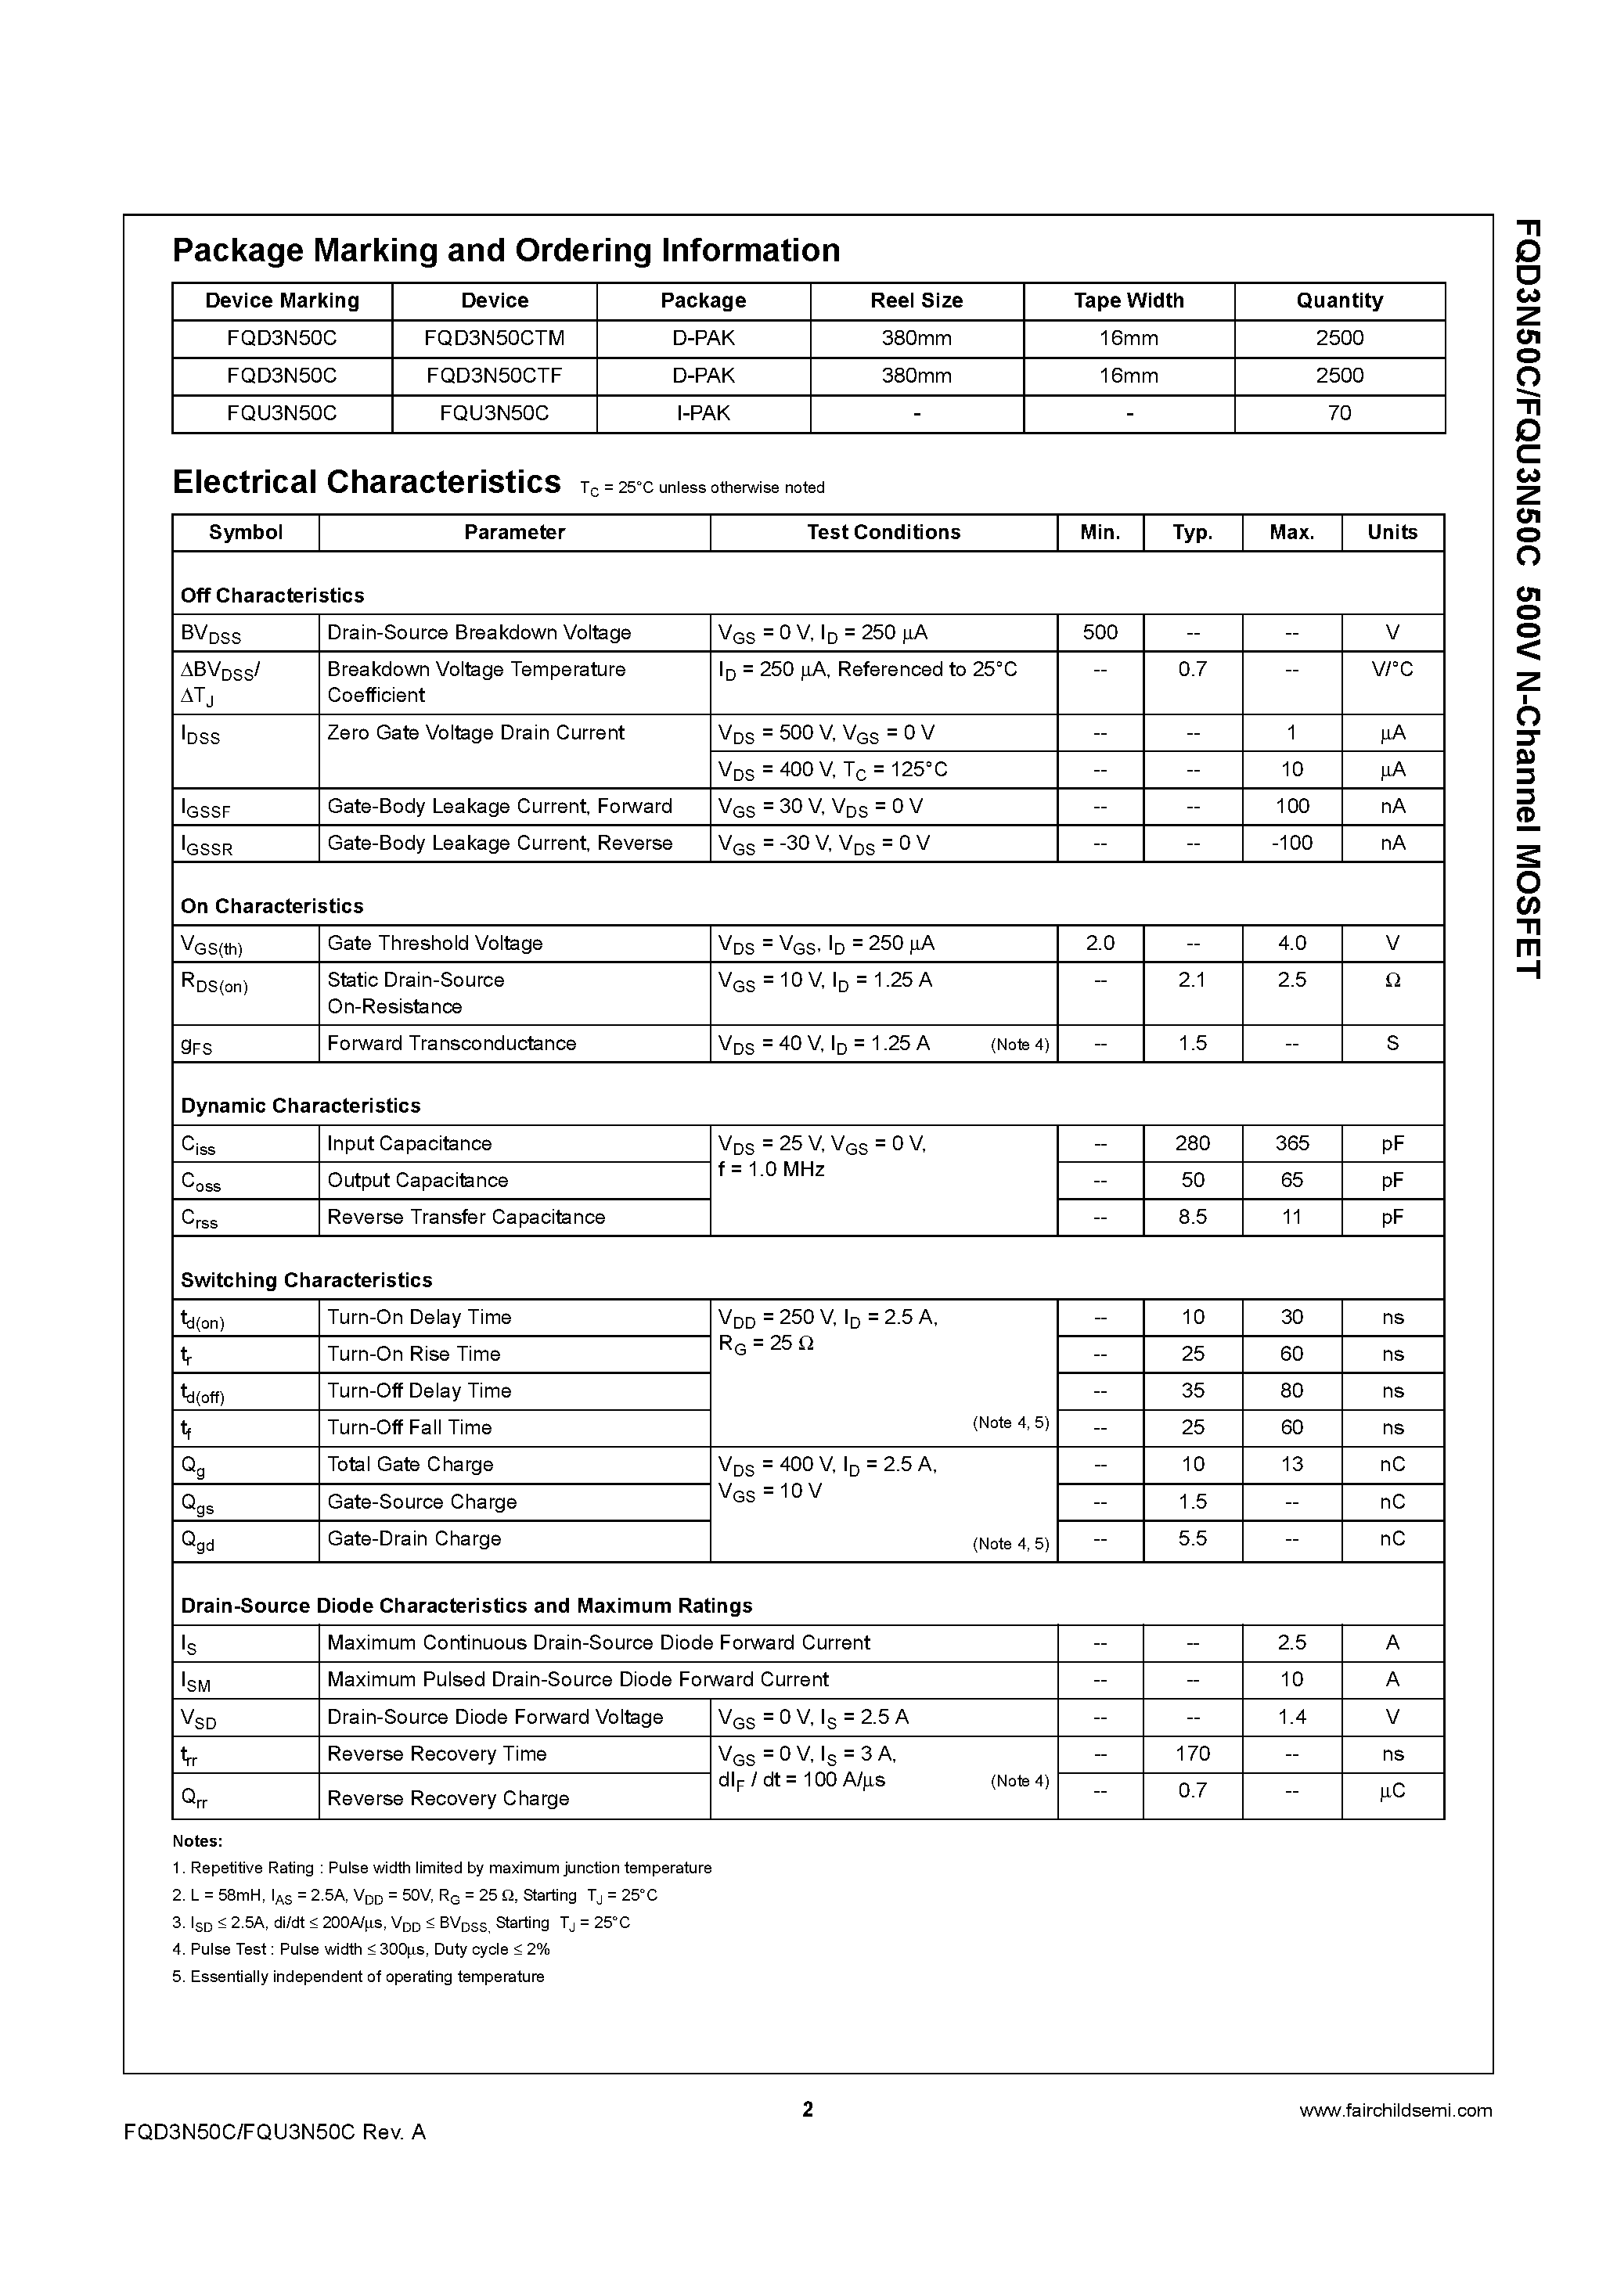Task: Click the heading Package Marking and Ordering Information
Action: click(x=506, y=250)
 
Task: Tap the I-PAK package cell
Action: click(x=703, y=412)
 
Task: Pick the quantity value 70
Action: click(x=1339, y=412)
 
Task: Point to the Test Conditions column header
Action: click(x=884, y=532)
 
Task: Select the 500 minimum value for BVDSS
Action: click(x=1100, y=631)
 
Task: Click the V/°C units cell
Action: click(x=1392, y=670)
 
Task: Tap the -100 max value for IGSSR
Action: click(x=1291, y=843)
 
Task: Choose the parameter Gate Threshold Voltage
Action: click(x=434, y=943)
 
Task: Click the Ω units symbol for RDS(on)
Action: click(x=1392, y=980)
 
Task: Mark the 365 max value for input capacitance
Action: click(x=1291, y=1143)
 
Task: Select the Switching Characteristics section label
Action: click(x=306, y=1279)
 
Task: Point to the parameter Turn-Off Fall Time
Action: click(x=409, y=1427)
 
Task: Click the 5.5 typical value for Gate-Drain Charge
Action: click(x=1192, y=1538)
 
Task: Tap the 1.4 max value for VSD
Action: click(x=1291, y=1717)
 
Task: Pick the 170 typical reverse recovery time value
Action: click(x=1192, y=1754)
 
